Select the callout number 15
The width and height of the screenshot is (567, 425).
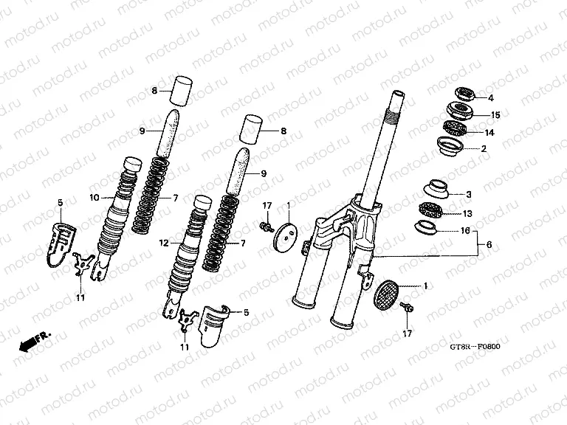coord(495,115)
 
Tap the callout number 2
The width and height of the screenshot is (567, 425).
coord(484,149)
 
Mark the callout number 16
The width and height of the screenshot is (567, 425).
coord(467,231)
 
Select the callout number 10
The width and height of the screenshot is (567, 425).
coord(94,197)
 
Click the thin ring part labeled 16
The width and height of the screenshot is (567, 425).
coord(427,226)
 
